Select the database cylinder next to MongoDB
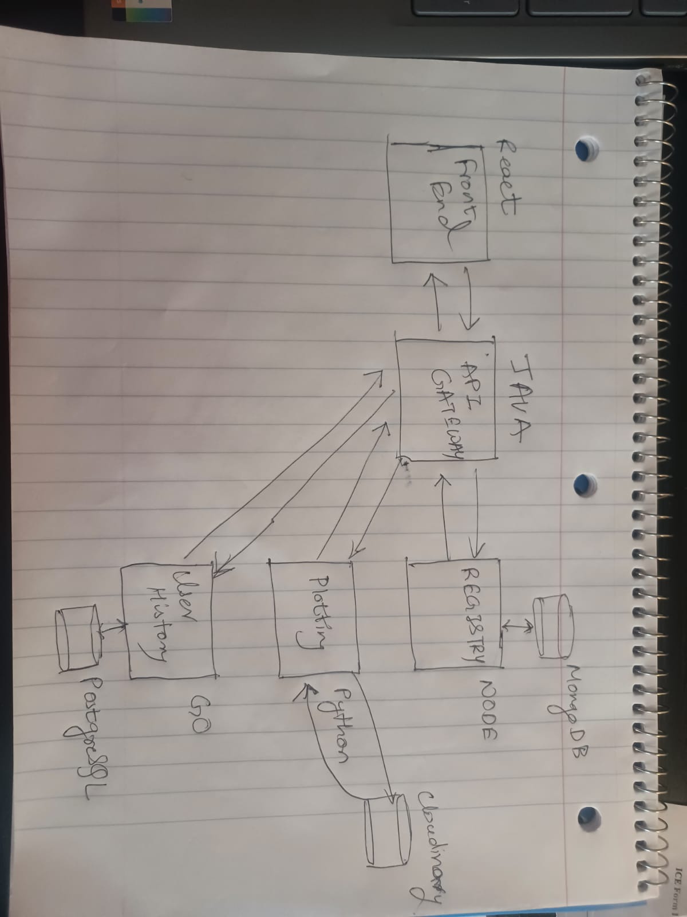553,625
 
